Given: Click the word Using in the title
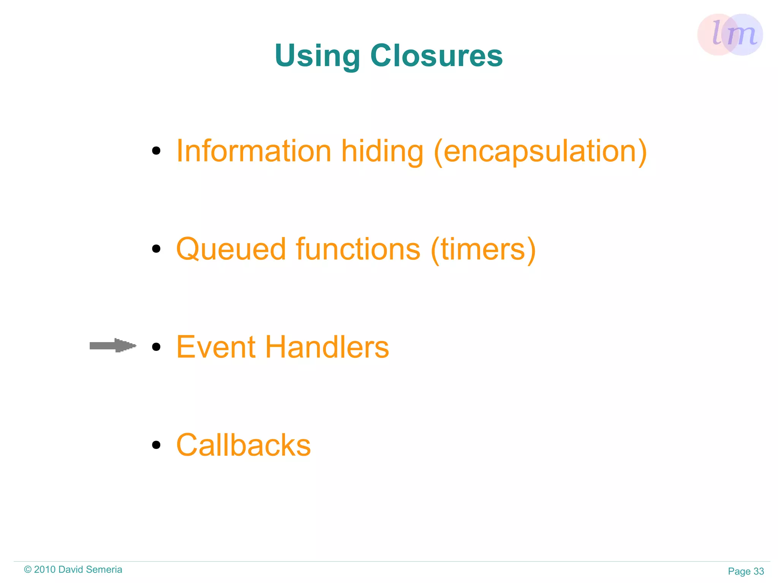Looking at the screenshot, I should pyautogui.click(x=317, y=56).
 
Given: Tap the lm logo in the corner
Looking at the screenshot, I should pyautogui.click(x=730, y=35).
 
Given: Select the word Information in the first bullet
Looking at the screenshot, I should pyautogui.click(x=254, y=151).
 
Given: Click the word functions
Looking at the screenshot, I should pyautogui.click(x=358, y=249).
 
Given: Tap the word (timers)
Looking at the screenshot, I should pyautogui.click(x=483, y=250).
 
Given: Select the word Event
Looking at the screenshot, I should pyautogui.click(x=216, y=347).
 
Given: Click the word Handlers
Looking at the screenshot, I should pyautogui.click(x=327, y=347).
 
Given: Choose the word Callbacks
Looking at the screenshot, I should pyautogui.click(x=244, y=445).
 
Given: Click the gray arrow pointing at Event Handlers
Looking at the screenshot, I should pyautogui.click(x=112, y=346).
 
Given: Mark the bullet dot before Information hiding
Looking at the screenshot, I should pyautogui.click(x=156, y=151).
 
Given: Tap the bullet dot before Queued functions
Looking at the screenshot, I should pyautogui.click(x=156, y=249).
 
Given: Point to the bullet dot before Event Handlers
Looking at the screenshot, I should pyautogui.click(x=156, y=347).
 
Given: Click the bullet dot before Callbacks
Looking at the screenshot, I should pyautogui.click(x=156, y=445).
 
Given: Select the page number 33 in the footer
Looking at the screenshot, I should pyautogui.click(x=759, y=571).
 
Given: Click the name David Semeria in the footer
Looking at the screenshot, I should pyautogui.click(x=90, y=570).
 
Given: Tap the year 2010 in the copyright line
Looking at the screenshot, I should pyautogui.click(x=45, y=570).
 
